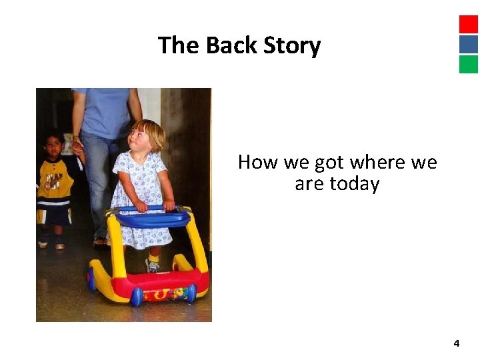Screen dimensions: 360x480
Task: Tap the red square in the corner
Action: [x=469, y=24]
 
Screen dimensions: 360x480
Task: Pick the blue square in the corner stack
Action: [x=469, y=44]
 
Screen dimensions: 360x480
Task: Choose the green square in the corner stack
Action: [x=469, y=64]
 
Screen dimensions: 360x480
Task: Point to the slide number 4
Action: [x=456, y=343]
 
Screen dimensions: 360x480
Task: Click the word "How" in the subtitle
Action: [x=258, y=162]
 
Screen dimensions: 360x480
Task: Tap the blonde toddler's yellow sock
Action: [x=153, y=256]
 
